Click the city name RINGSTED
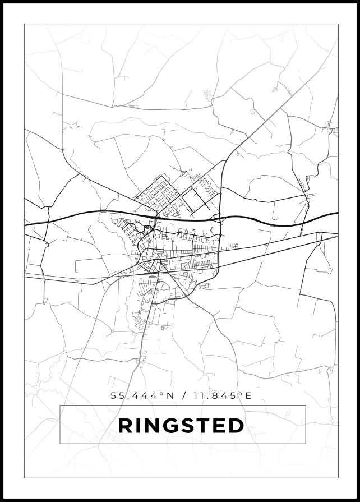(181, 426)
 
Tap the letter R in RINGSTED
(124, 426)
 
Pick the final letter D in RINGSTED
(237, 426)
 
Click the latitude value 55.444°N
(142, 395)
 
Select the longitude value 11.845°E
(220, 395)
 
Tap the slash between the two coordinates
(184, 395)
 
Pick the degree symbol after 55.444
(161, 394)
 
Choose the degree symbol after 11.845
(240, 394)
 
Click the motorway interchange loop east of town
(217, 217)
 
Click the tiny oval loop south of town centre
(153, 277)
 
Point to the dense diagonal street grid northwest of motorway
(159, 194)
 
